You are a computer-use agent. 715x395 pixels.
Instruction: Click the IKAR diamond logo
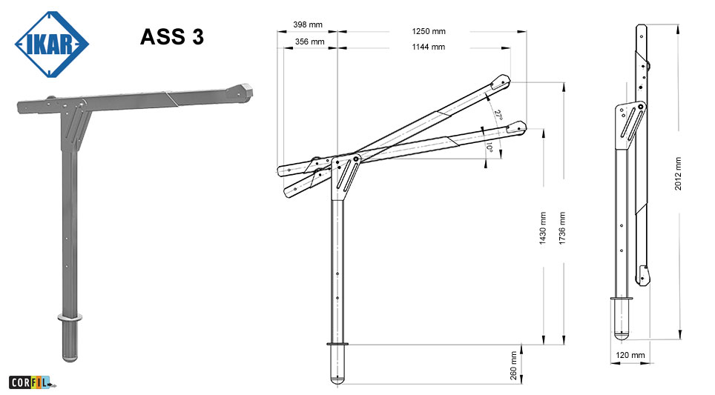point(51,44)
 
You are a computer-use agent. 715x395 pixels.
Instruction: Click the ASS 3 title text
point(172,37)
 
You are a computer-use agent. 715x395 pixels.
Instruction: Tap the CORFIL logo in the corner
point(31,382)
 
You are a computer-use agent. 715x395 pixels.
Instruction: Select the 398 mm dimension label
point(308,24)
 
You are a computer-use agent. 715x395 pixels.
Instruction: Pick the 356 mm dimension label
point(309,42)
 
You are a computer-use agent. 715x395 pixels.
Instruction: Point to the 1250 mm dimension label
point(429,31)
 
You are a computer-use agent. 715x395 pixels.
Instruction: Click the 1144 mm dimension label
point(428,47)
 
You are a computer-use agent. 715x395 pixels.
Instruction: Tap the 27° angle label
point(498,115)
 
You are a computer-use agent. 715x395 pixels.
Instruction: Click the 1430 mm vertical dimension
point(543,228)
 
